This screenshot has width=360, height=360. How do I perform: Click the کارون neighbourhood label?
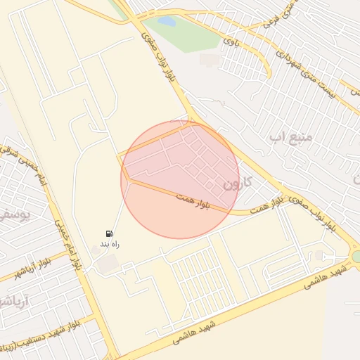click(237, 184)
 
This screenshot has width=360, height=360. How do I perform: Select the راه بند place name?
click(109, 245)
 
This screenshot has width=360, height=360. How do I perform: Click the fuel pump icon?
click(109, 233)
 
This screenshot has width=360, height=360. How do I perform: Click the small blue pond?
click(166, 21)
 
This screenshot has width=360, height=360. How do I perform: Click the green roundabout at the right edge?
click(356, 257)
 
